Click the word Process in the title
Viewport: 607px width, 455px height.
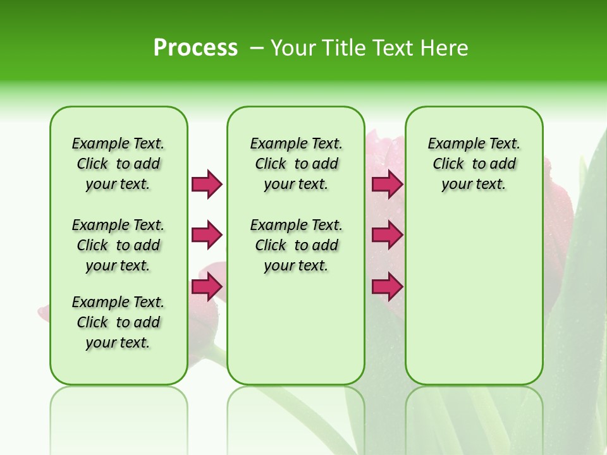[195, 48]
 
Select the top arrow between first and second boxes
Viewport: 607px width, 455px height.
[207, 184]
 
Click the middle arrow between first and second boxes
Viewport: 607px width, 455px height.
[207, 235]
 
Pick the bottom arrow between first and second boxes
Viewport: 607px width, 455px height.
[207, 287]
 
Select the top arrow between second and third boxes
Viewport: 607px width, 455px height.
[387, 184]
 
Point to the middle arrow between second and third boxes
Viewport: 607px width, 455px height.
[387, 235]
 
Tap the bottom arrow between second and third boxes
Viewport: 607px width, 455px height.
[387, 287]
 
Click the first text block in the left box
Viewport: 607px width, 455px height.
[118, 164]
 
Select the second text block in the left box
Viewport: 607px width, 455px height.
[118, 245]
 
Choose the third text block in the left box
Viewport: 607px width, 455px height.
[118, 322]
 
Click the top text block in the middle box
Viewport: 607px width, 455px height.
[296, 164]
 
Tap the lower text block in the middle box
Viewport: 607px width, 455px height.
[296, 245]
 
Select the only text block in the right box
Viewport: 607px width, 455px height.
[474, 164]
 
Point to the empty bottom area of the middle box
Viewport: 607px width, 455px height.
[296, 335]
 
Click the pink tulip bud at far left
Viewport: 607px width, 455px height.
[44, 312]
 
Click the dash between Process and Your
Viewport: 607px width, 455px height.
[257, 48]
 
